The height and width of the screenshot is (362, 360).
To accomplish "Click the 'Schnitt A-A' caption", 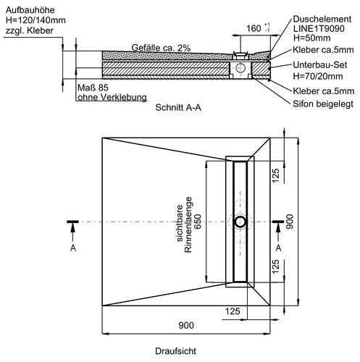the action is (178, 107).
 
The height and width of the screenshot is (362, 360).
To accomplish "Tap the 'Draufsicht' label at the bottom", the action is (175, 351).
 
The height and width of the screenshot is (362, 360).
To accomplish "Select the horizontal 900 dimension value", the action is (186, 325).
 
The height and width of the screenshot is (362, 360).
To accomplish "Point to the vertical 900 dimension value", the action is (289, 222).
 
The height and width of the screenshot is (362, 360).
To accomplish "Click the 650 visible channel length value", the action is (198, 222).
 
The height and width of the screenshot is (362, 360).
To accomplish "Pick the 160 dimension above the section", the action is (254, 28).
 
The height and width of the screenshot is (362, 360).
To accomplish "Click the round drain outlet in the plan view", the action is (240, 222).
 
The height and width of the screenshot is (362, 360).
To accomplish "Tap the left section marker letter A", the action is (73, 248).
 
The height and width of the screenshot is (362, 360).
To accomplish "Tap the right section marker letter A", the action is (278, 248).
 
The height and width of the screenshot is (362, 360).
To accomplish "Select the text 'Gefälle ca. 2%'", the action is (161, 48).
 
